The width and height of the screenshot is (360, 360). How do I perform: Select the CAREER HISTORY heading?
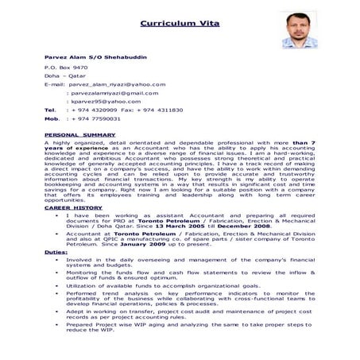(74, 208)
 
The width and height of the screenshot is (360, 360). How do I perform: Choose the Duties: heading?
(56, 252)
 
